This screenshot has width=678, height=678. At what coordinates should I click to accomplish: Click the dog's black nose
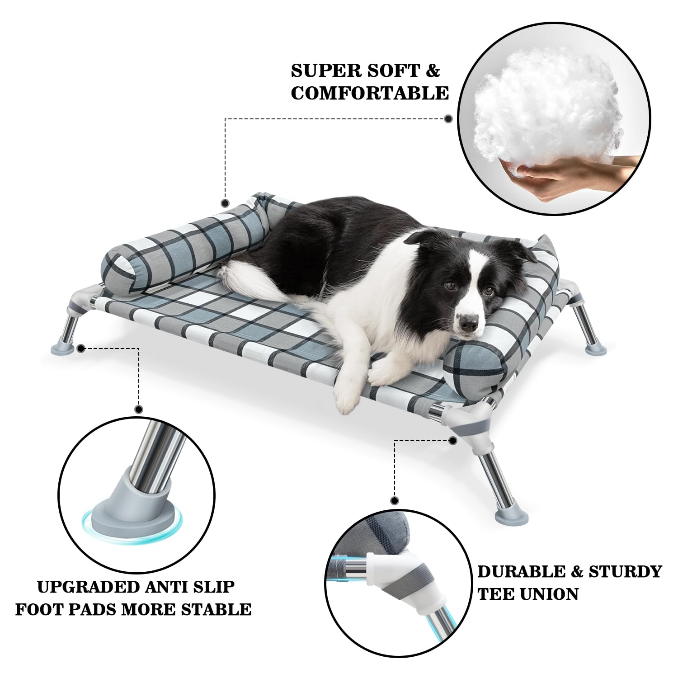pyautogui.click(x=468, y=322)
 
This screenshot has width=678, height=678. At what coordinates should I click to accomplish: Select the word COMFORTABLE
pyautogui.click(x=370, y=93)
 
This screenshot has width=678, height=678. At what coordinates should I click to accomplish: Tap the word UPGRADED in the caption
pyautogui.click(x=89, y=587)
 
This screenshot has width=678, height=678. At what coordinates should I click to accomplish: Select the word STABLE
pyautogui.click(x=216, y=609)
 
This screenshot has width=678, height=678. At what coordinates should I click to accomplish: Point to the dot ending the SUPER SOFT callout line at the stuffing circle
pyautogui.click(x=448, y=119)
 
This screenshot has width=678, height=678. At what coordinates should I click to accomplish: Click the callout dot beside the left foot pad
pyautogui.click(x=81, y=348)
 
